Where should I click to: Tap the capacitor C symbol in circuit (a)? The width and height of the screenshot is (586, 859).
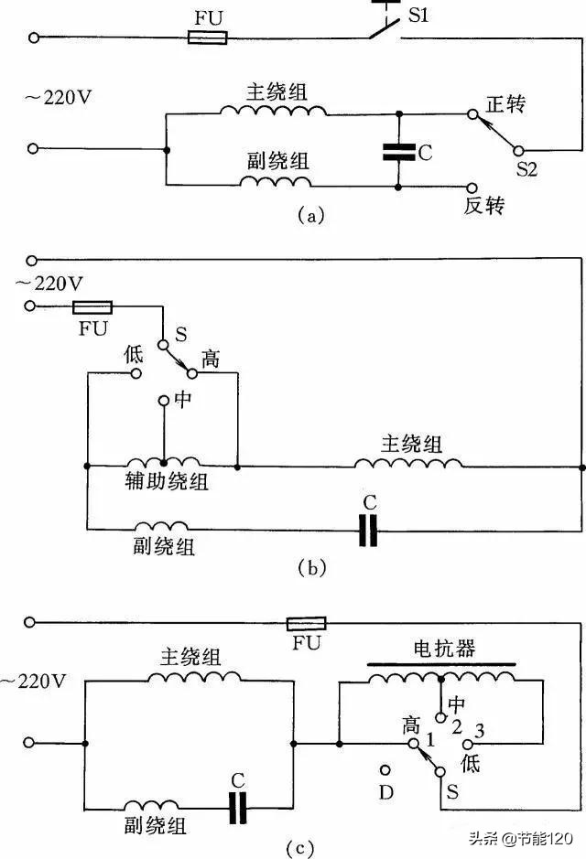[x=398, y=152]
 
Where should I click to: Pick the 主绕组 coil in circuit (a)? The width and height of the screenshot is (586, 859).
[x=273, y=110]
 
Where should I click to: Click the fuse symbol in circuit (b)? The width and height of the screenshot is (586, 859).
[x=92, y=307]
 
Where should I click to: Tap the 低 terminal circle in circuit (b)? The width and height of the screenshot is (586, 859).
[x=136, y=373]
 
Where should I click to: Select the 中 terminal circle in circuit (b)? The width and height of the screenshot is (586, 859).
[x=163, y=401]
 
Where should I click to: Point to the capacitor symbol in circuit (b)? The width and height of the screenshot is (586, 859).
[x=368, y=529]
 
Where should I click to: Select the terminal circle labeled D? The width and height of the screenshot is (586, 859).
[x=385, y=770]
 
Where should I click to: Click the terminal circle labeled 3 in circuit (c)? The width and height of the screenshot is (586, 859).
[x=468, y=746]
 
